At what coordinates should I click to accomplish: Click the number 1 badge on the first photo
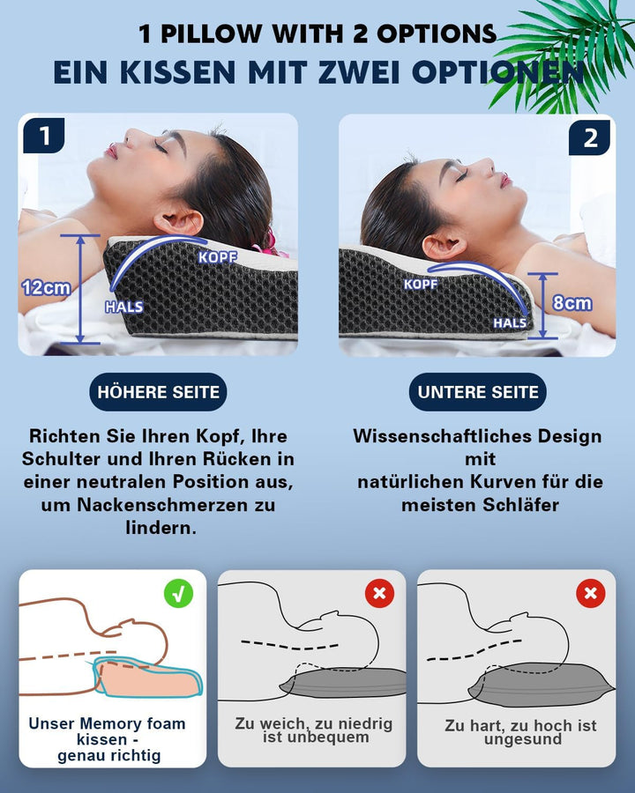tap(43, 137)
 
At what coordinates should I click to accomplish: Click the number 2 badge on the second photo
tap(590, 137)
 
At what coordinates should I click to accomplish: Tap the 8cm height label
tap(572, 303)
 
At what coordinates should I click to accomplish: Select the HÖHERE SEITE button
tap(158, 392)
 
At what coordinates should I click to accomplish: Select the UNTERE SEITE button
tap(477, 392)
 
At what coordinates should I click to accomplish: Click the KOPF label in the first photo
tap(218, 257)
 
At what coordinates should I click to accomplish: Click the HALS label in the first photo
tap(123, 308)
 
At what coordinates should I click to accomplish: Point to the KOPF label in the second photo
tap(421, 284)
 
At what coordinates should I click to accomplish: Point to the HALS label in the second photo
tap(510, 323)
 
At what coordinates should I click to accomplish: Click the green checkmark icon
tap(179, 593)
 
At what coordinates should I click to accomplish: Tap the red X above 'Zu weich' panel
tap(379, 593)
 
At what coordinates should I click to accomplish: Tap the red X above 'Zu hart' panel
tap(590, 593)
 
